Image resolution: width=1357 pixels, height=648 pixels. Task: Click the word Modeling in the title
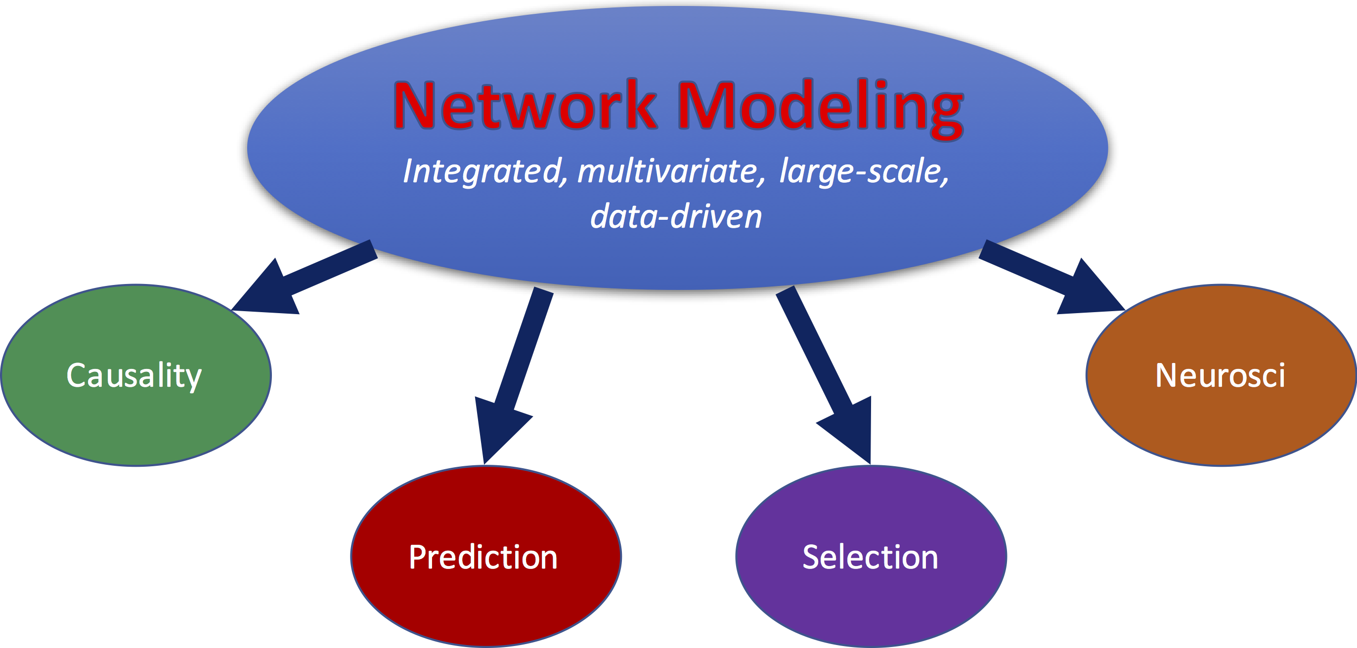tap(821, 108)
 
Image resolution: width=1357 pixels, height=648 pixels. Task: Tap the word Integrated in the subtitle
tap(485, 171)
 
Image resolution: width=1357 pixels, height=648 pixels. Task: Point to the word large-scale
tap(864, 171)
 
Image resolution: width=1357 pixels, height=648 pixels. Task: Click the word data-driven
tap(676, 216)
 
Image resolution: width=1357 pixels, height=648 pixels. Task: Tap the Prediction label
tap(483, 557)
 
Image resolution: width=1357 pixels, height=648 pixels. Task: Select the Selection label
tap(870, 557)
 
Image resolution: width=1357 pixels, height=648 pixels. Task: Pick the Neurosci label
tap(1220, 375)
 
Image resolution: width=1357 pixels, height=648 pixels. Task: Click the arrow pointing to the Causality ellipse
tap(305, 278)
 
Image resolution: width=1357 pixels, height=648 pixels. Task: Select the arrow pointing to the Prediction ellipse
tap(514, 375)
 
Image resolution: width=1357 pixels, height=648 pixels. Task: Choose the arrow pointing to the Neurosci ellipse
tap(1052, 278)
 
